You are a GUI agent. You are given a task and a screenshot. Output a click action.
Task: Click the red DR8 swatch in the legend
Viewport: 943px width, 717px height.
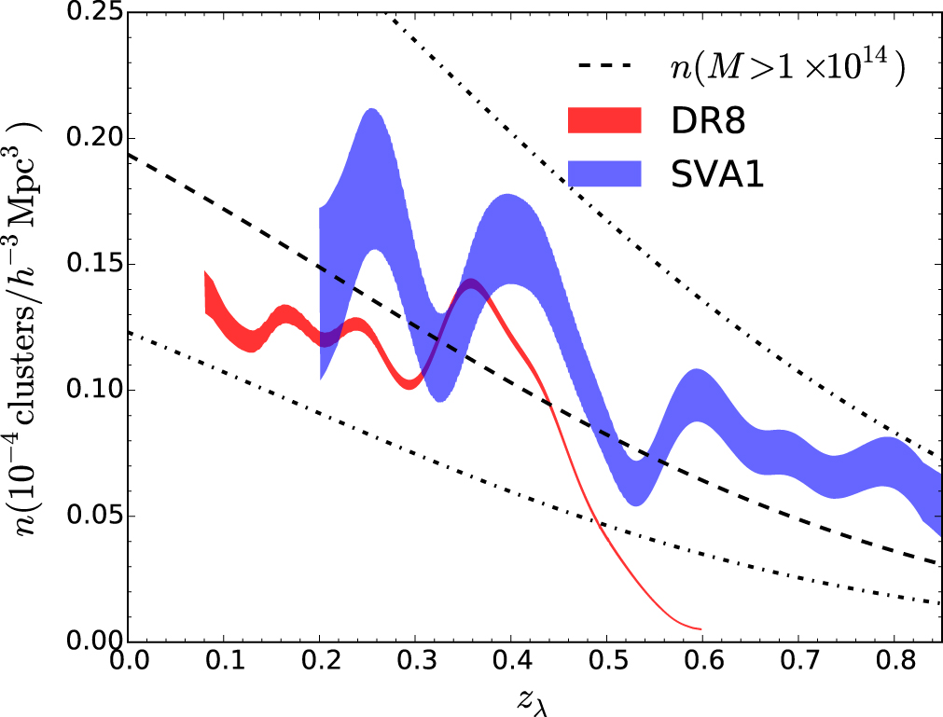click(x=603, y=119)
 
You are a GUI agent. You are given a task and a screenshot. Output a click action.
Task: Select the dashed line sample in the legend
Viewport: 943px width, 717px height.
click(x=603, y=66)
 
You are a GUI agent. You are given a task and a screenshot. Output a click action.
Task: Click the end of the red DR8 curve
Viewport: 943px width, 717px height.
click(x=700, y=628)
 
